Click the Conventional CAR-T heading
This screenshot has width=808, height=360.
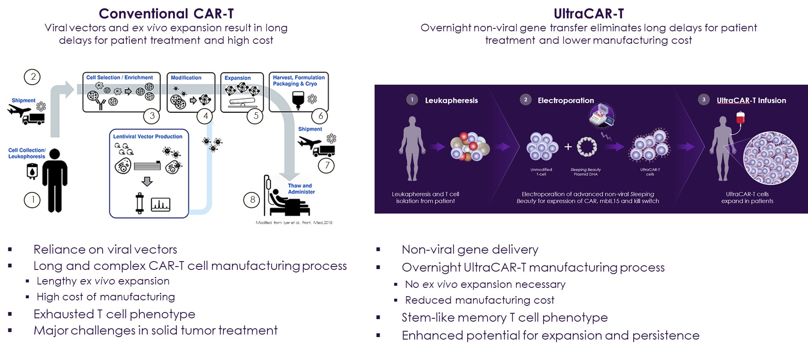coord(166,14)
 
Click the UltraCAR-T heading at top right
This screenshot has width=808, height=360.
coord(589,14)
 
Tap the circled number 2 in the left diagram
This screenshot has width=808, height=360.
coord(32,77)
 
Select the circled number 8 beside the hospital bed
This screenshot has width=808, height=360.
coord(252,200)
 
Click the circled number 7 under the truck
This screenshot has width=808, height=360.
coord(326,166)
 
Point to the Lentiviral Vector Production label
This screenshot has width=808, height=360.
coord(148,136)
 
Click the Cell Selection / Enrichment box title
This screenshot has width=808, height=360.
coord(119,78)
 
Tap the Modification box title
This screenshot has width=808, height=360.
coord(186,78)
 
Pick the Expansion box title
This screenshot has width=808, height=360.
coord(237,78)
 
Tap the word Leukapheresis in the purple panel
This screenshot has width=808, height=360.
coord(451,101)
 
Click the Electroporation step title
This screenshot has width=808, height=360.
coord(566,101)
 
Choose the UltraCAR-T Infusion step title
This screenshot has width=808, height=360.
coord(751,101)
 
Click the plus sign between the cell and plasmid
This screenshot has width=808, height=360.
coord(568,147)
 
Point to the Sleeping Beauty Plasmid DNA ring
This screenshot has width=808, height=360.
coord(586,147)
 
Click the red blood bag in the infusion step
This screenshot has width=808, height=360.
coord(740,118)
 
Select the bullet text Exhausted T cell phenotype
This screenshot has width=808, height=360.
coord(114,314)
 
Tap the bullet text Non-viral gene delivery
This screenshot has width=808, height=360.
coord(470,249)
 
